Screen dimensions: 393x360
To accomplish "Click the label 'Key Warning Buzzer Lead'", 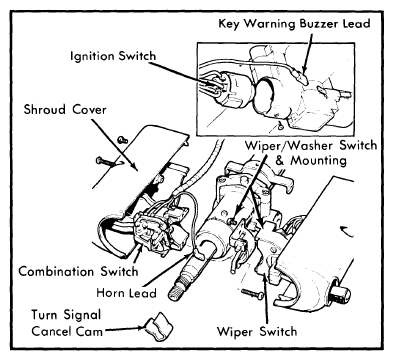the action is (x=294, y=24).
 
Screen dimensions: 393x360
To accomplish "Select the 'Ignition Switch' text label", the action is (x=113, y=56).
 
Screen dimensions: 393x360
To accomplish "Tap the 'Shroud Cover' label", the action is (x=65, y=109).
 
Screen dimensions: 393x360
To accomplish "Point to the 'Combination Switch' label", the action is (x=78, y=271).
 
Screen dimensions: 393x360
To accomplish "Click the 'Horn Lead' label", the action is (x=126, y=293).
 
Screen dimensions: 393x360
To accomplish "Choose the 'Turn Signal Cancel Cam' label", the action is (x=67, y=323).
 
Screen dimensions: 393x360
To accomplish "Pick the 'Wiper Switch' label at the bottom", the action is (x=257, y=331).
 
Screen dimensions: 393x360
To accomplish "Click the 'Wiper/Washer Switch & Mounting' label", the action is (x=311, y=153).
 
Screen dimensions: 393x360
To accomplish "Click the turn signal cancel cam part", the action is (x=159, y=327).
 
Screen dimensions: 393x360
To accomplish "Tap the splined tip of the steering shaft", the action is (x=177, y=293).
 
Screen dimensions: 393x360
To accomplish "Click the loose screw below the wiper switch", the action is (x=252, y=293).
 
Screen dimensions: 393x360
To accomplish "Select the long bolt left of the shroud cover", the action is (x=106, y=162).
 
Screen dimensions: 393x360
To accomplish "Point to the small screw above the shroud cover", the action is (x=123, y=140).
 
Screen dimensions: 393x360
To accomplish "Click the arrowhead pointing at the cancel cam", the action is (x=142, y=328).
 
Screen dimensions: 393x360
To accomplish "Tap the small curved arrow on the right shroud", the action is (x=347, y=230).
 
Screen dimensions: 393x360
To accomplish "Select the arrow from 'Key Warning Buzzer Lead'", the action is (x=308, y=53).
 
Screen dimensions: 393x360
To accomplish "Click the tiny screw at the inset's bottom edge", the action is (x=280, y=125).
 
